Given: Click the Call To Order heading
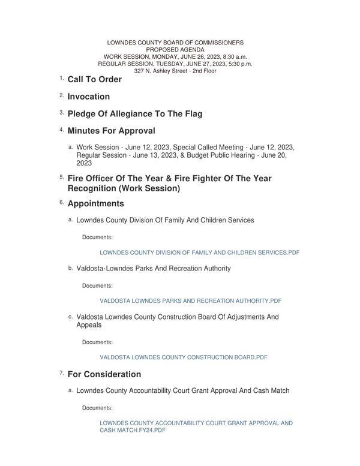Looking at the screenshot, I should click(94, 79).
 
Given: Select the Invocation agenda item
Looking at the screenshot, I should click(88, 97).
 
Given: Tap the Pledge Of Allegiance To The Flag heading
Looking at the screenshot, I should click(134, 114).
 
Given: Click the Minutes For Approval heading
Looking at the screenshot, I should click(111, 131).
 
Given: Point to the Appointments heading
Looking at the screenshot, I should click(95, 204).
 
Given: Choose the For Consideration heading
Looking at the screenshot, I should click(104, 374).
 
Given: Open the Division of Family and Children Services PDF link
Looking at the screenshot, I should click(199, 253).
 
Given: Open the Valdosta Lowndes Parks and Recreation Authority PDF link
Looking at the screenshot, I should click(190, 301).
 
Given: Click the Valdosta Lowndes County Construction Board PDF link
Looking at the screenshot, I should click(183, 357).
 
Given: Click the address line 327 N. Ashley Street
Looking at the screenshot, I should click(175, 71).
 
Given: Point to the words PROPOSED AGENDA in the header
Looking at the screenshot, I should click(175, 50).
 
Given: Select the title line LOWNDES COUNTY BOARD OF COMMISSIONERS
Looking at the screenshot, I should click(175, 43).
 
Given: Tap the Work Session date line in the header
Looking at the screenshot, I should click(175, 56).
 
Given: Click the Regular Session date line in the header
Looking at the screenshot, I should click(175, 64).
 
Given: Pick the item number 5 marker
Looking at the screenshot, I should click(61, 178).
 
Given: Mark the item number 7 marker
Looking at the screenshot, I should click(61, 373).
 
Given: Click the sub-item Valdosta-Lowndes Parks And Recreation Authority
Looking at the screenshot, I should click(153, 269).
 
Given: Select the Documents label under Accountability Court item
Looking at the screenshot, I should click(97, 408).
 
